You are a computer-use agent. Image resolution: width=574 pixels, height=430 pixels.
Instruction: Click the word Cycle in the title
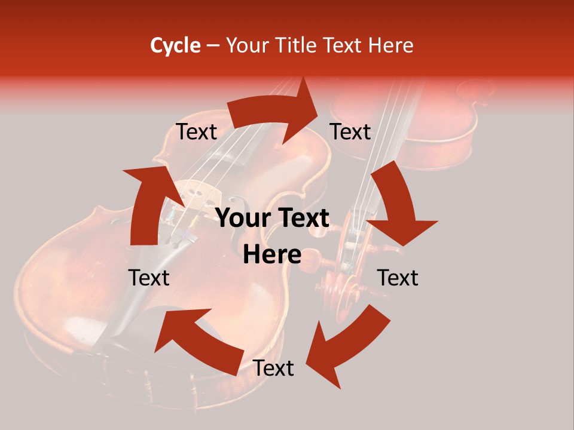175,45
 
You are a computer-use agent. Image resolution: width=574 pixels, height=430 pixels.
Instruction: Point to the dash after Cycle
213,46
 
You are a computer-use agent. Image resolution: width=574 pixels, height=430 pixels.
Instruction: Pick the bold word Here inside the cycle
272,255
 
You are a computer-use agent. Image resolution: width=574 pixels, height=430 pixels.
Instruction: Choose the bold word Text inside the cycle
303,219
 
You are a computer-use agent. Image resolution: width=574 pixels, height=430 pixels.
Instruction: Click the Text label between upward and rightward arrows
196,132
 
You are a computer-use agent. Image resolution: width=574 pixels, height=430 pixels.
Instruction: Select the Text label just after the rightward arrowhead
350,132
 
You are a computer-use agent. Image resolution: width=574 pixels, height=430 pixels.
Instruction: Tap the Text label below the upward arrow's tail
149,278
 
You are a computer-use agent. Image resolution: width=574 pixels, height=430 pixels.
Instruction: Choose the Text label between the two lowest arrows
273,368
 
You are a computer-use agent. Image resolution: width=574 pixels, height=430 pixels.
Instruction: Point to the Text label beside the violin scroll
398,278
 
